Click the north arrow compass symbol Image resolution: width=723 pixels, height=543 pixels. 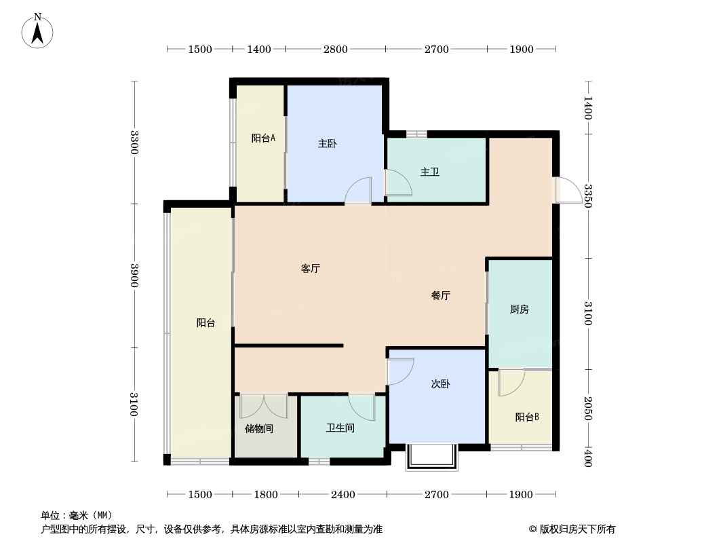(x=37, y=31)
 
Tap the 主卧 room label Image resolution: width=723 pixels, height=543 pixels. (x=328, y=143)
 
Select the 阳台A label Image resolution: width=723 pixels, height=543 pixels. (x=263, y=138)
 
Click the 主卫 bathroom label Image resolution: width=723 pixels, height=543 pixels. (x=430, y=172)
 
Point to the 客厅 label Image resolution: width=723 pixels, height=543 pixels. (x=311, y=269)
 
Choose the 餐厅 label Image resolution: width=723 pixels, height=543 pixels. (x=441, y=295)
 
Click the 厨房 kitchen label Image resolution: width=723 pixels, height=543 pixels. (x=520, y=309)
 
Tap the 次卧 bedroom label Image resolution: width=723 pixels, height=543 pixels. (x=441, y=384)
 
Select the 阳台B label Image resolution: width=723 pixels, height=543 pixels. (x=527, y=417)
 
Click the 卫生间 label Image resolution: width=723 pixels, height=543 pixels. (x=340, y=428)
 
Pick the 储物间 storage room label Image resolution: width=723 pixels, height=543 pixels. (x=259, y=428)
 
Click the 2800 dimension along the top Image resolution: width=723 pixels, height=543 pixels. (x=335, y=49)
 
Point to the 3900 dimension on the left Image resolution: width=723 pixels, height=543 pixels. (x=134, y=276)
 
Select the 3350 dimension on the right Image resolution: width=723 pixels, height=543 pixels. (x=588, y=196)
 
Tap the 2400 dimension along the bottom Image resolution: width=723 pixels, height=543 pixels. (x=343, y=495)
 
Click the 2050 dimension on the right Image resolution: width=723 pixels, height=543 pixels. (x=588, y=409)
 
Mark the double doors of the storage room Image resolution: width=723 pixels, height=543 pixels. (x=264, y=406)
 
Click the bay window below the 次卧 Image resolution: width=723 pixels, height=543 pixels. (x=432, y=457)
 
